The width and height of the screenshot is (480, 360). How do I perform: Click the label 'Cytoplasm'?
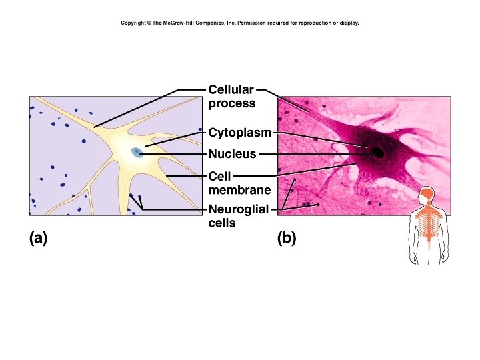pyautogui.click(x=240, y=133)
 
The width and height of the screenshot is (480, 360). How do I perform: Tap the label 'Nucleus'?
pyautogui.click(x=232, y=154)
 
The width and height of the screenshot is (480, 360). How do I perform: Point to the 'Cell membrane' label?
pyautogui.click(x=239, y=183)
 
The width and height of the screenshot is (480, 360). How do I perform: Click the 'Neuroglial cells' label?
pyautogui.click(x=238, y=216)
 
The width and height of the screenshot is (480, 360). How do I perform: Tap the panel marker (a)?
pyautogui.click(x=39, y=238)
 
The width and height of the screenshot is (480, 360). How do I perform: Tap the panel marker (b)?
pyautogui.click(x=287, y=238)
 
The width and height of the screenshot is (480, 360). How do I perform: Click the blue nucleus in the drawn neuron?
pyautogui.click(x=137, y=153)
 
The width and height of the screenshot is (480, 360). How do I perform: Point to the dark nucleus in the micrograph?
pyautogui.click(x=379, y=153)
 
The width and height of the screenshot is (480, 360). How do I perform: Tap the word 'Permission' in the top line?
pyautogui.click(x=253, y=23)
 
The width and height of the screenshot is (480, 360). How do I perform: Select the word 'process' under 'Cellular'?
pyautogui.click(x=232, y=103)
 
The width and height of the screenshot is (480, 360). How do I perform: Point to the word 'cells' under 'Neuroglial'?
pyautogui.click(x=222, y=223)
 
